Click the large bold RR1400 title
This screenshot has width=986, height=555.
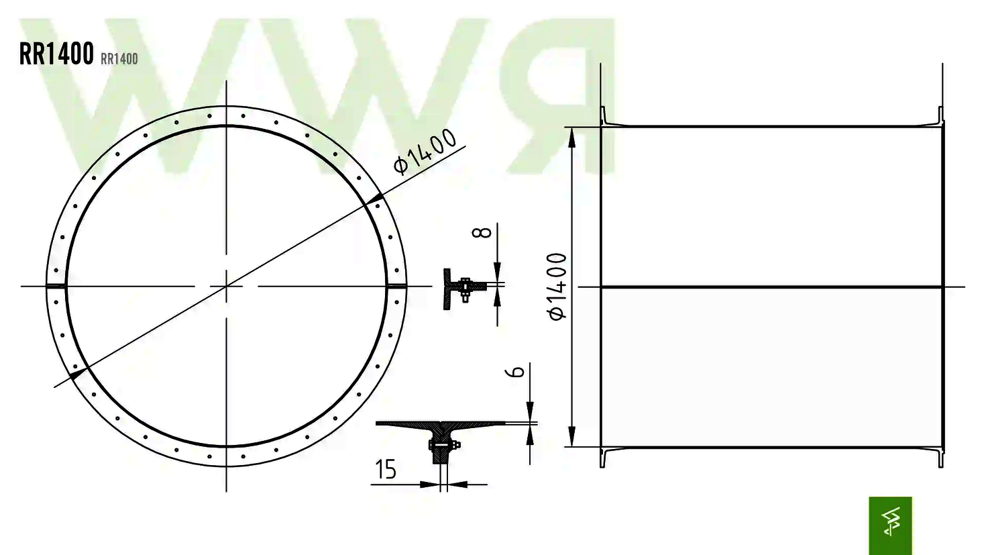coord(56,54)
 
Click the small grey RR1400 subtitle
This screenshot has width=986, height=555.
coord(119,59)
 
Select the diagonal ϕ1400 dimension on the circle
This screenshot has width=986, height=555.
coord(425,151)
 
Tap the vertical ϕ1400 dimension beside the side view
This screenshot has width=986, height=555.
coord(557,287)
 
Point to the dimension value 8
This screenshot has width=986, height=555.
coord(482,233)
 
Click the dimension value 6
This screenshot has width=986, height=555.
coord(516,371)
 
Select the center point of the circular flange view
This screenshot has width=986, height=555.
coord(227,287)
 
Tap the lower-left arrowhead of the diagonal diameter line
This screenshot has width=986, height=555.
coord(78,371)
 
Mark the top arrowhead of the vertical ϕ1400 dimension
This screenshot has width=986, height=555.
coord(571,136)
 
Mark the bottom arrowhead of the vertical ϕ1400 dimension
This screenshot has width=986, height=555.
coord(571,436)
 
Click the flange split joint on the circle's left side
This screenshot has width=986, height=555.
coord(56,287)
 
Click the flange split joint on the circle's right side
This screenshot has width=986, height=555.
coord(397,287)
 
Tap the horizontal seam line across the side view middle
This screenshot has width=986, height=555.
coord(771,287)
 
